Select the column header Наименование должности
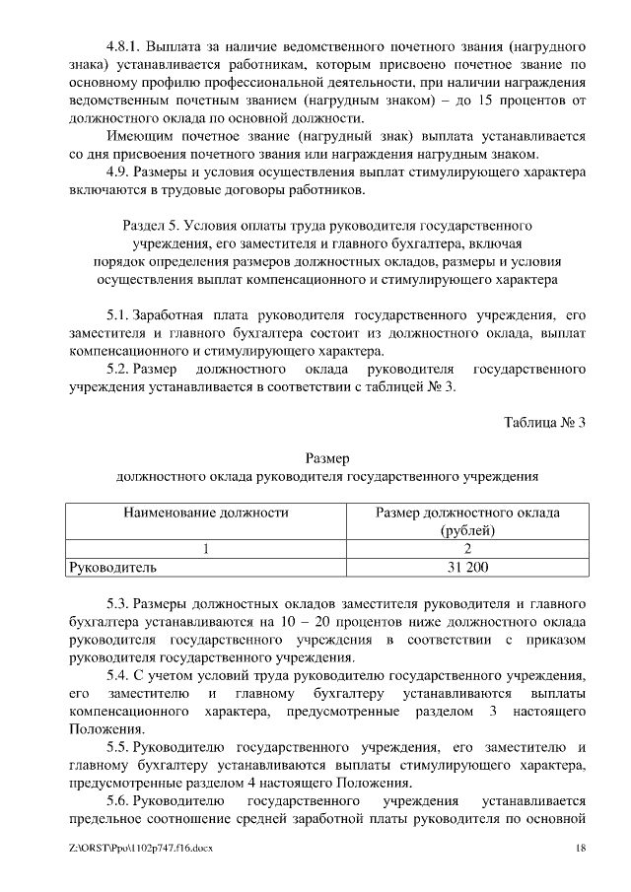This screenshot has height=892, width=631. point(205,513)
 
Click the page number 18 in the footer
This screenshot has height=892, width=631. point(581,849)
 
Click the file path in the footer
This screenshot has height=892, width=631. point(142,849)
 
